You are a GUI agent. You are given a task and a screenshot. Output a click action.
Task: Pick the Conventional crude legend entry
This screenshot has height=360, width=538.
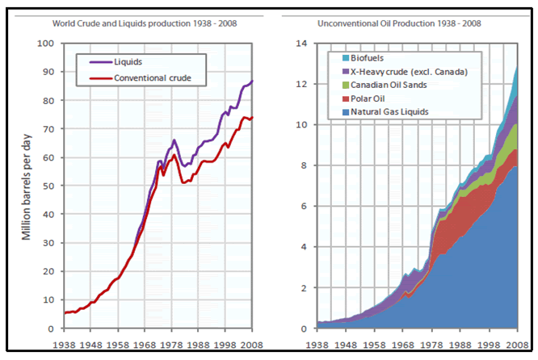(x=149, y=77)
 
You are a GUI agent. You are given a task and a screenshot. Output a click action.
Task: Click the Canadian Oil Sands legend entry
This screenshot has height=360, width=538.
(x=389, y=86)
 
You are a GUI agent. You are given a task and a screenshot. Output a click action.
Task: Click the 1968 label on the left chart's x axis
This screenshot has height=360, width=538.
(x=145, y=344)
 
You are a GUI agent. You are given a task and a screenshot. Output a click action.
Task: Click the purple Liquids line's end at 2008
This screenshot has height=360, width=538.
(x=252, y=82)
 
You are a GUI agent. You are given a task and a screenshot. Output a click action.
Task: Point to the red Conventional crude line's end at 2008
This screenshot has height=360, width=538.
(x=252, y=118)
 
